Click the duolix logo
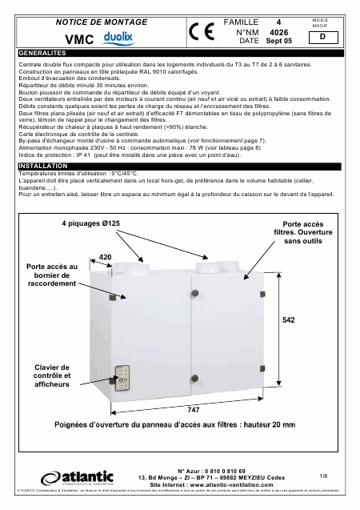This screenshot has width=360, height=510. point(114,38)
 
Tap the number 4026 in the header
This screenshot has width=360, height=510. point(279,30)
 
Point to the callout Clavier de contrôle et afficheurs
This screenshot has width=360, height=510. point(54,375)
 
